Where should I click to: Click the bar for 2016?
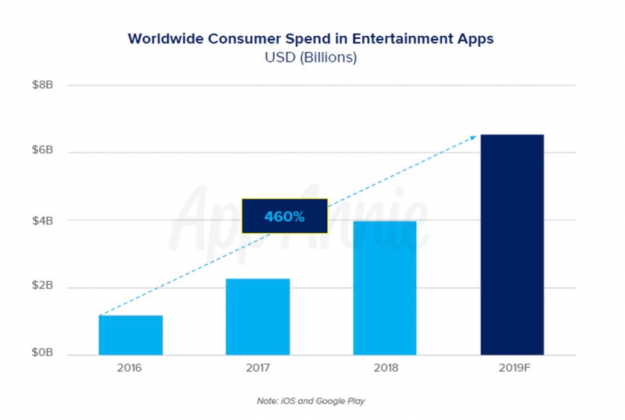tap(130, 335)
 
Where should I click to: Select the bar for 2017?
tap(257, 316)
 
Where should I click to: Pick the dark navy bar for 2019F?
tap(511, 244)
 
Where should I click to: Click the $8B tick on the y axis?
tap(43, 85)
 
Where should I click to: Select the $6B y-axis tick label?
tap(43, 153)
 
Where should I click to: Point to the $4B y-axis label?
tap(43, 220)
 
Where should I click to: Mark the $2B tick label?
tap(43, 288)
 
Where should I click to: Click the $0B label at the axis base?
tap(43, 355)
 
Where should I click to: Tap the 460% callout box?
tap(284, 216)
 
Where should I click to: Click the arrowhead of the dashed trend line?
tap(474, 136)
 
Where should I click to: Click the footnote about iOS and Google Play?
tap(310, 401)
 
